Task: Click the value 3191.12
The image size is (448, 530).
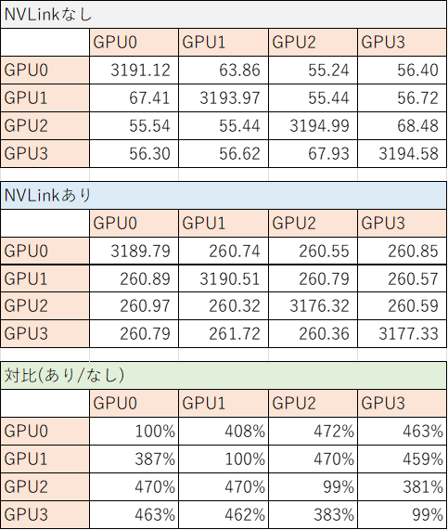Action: pos(140,71)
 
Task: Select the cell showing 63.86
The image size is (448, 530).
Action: pos(239,71)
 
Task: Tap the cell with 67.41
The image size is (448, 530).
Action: pos(149,98)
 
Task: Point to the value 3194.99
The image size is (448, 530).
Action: pos(319,125)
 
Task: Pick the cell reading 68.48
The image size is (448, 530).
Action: pos(417,125)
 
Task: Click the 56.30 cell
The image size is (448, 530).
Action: pos(149,153)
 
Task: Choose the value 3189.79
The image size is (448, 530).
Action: pos(140,252)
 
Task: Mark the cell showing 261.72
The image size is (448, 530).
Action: pos(235,333)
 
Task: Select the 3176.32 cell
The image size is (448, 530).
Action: pos(319,306)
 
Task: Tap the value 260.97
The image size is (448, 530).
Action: pos(145,306)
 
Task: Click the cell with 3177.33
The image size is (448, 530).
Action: pos(408,333)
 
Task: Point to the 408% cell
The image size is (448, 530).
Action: pos(245,432)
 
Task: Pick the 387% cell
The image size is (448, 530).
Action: pos(155,459)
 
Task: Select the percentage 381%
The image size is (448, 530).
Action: pos(423,486)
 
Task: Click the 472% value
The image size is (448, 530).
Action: pos(334,432)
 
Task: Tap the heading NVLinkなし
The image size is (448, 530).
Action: pos(48,15)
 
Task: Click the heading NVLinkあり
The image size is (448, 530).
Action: pos(48,195)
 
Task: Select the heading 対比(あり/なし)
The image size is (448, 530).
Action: pos(65,375)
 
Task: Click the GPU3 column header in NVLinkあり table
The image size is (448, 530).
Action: pos(383,224)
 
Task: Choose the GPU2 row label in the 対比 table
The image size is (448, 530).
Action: pos(26,486)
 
